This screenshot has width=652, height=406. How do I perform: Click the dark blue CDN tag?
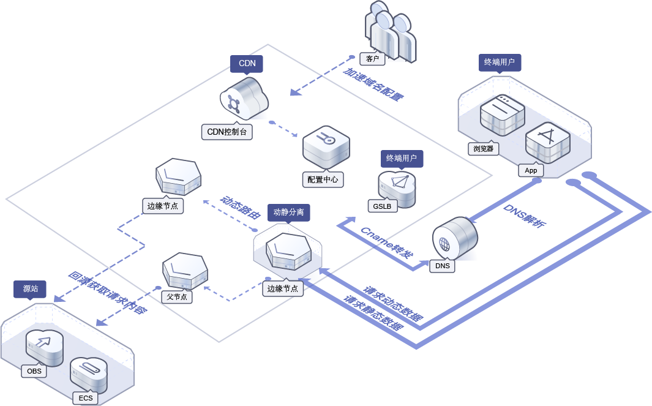click(247, 64)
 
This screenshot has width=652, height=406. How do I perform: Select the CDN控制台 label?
click(227, 132)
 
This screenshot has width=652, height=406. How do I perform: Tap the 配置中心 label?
click(323, 179)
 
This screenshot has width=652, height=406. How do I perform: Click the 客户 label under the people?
click(372, 59)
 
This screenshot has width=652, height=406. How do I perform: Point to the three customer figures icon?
click(390, 31)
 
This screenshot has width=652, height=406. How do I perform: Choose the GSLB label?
click(382, 206)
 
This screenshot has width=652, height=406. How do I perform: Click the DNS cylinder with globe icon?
click(454, 238)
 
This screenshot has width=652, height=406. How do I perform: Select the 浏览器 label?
click(483, 149)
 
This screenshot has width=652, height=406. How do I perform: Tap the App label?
click(531, 170)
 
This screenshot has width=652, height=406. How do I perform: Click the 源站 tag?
click(30, 289)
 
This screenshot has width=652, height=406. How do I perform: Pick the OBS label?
click(34, 371)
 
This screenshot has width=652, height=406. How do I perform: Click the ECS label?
click(86, 398)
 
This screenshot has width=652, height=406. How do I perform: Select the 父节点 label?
click(177, 296)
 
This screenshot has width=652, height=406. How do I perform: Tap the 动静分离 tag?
click(288, 212)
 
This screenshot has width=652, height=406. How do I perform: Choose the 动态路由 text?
click(241, 207)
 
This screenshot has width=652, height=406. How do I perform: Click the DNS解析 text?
click(525, 216)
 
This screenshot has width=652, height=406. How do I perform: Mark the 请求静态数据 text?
click(374, 312)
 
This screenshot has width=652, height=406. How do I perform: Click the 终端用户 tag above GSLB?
click(402, 159)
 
